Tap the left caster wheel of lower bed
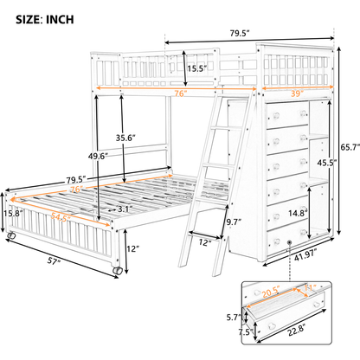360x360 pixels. (12, 235)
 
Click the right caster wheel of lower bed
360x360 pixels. (115, 271)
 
